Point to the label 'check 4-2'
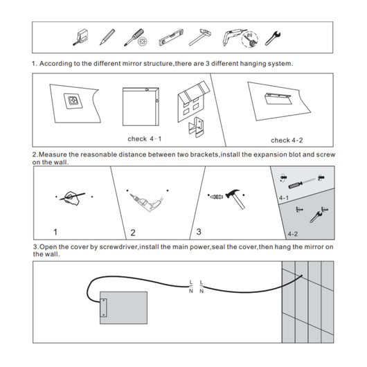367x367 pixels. point(287,139)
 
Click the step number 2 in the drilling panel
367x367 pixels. point(133,232)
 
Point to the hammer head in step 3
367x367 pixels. point(237,193)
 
